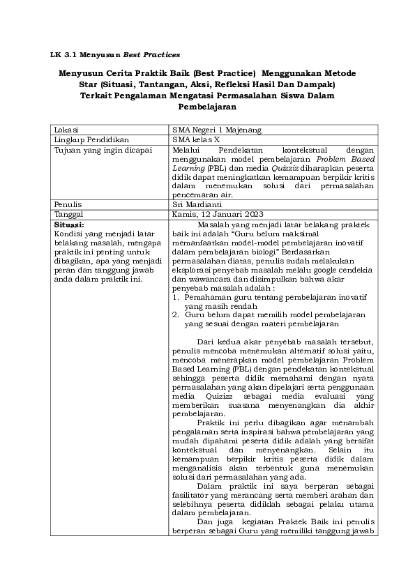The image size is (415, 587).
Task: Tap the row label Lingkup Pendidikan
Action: point(86,139)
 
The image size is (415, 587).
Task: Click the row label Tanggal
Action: point(68,214)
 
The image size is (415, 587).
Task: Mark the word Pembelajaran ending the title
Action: point(208,107)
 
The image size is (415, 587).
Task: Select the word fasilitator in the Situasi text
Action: point(191,494)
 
